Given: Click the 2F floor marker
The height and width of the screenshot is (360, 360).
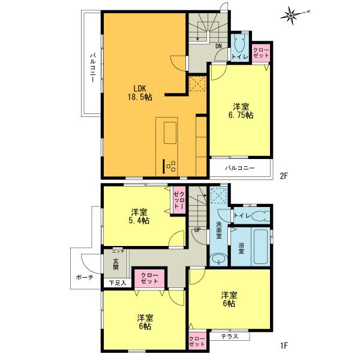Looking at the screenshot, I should [x=284, y=176].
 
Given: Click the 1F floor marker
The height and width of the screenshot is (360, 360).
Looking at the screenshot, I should [x=284, y=346].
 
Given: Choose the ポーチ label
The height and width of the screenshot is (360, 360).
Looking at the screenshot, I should [x=84, y=277].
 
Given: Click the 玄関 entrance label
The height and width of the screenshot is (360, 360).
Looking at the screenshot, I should [x=115, y=264].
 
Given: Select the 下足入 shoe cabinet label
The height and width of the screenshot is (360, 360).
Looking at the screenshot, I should [x=117, y=283].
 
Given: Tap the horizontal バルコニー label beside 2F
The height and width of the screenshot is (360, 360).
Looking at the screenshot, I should [x=239, y=167].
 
